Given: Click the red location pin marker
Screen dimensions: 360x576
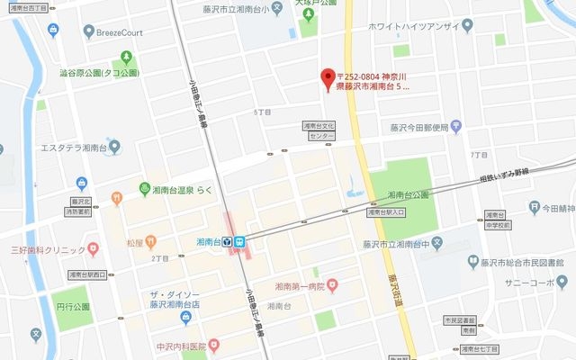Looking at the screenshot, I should (x=328, y=78).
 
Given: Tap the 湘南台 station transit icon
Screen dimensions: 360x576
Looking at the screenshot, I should (x=240, y=241).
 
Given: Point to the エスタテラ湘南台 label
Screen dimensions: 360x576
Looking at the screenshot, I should (x=74, y=147).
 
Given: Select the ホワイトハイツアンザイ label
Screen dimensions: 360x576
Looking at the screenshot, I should (x=420, y=27).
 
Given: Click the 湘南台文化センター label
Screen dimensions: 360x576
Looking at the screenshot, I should (x=319, y=131).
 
